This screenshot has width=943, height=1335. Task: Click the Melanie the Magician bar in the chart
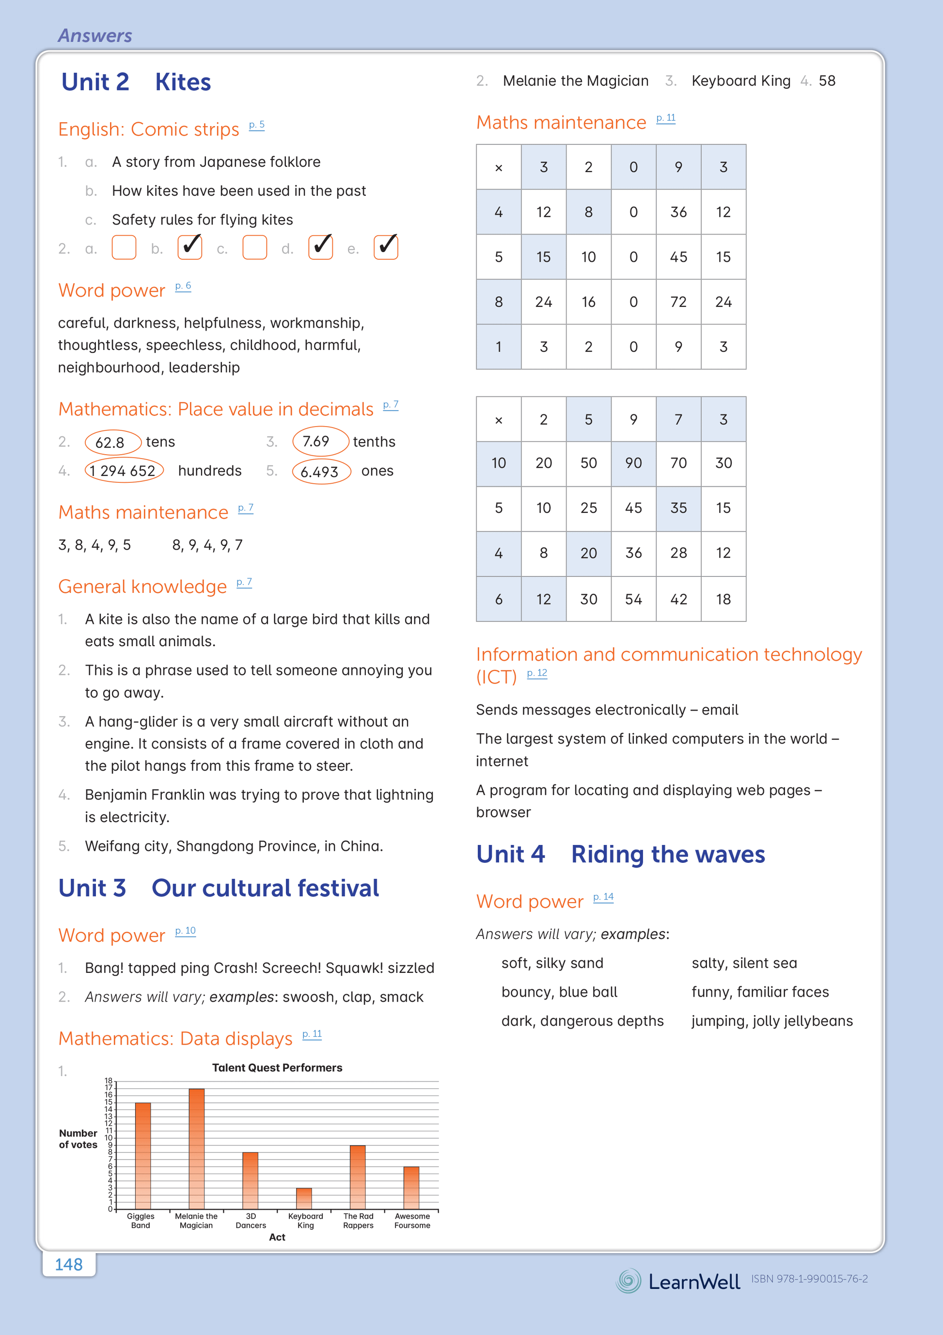[x=197, y=1148]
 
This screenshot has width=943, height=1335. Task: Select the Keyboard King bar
[x=304, y=1198]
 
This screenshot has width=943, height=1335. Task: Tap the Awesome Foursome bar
[x=411, y=1188]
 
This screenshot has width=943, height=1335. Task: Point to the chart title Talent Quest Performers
[x=277, y=1067]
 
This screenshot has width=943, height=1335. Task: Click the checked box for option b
[x=189, y=247]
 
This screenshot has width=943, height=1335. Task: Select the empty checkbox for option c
[x=254, y=247]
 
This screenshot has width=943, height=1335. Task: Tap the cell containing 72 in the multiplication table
[x=678, y=302]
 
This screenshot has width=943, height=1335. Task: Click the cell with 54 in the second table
[x=633, y=599]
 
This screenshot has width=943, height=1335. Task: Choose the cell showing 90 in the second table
[x=633, y=463]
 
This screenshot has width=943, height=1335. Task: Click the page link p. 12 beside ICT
[x=536, y=673]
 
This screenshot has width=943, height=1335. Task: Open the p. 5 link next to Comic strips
[x=256, y=125]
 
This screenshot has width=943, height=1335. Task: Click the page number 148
[x=69, y=1264]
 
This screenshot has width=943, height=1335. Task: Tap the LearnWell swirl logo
[x=629, y=1280]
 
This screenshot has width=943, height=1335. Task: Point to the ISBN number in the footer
[x=809, y=1279]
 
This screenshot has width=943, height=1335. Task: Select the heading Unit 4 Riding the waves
[x=620, y=854]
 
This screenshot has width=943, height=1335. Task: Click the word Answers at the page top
[x=95, y=35]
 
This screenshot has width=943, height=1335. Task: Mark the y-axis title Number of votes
[x=78, y=1139]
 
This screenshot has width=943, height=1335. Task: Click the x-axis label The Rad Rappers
[x=358, y=1221]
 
